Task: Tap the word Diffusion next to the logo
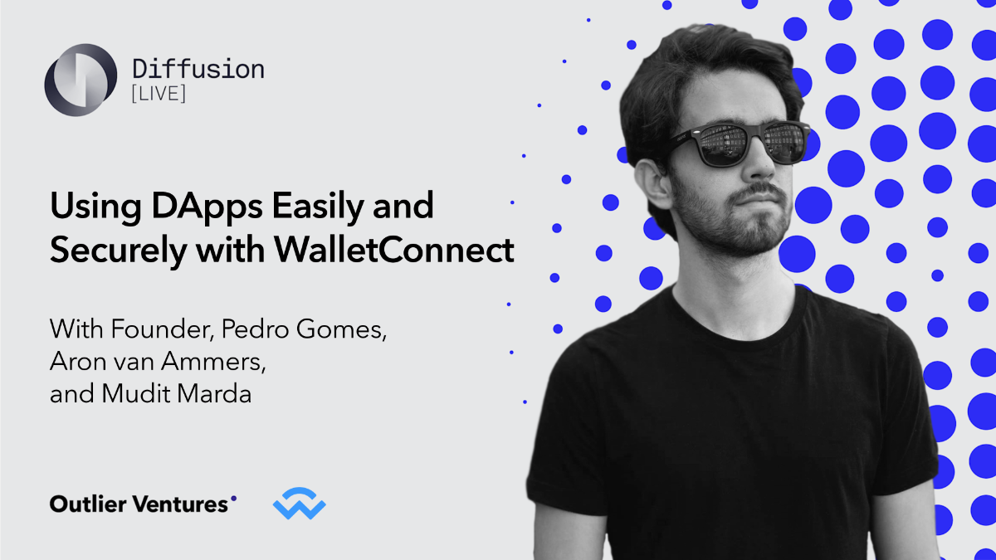tap(198, 68)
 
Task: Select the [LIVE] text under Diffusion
tap(159, 94)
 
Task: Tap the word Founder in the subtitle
tap(173, 329)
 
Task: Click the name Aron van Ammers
tap(161, 361)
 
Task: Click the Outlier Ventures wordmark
tap(139, 504)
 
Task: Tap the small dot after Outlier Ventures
tap(233, 499)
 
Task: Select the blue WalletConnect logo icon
tap(299, 504)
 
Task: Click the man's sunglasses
tap(739, 141)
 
